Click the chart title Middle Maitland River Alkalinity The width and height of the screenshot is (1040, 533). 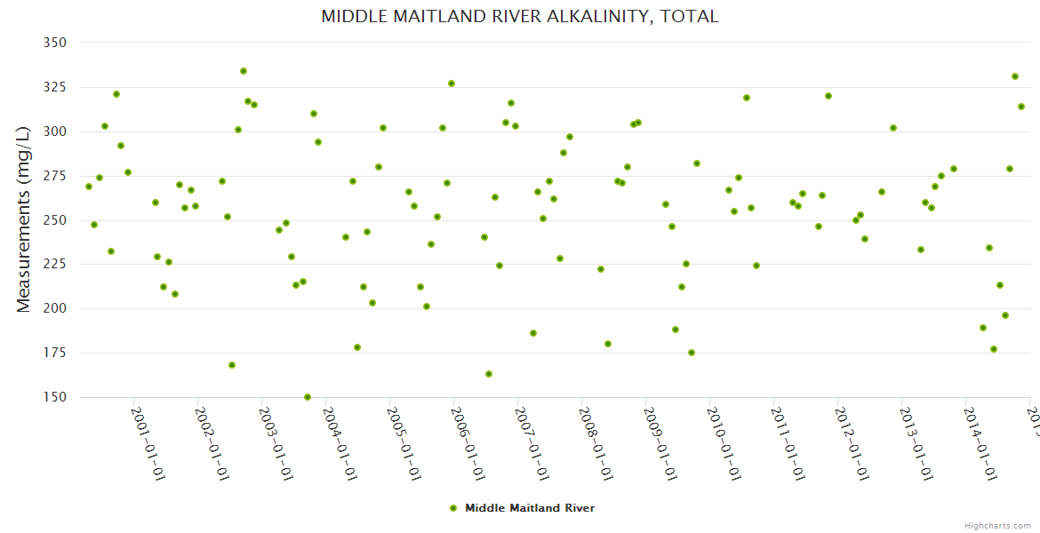(520, 16)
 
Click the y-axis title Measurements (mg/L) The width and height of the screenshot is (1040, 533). (24, 219)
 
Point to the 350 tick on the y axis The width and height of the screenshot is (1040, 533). (54, 43)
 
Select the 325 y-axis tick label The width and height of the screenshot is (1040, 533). (54, 87)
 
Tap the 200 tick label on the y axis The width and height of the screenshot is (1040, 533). (54, 309)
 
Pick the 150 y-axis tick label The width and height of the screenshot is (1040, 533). (54, 397)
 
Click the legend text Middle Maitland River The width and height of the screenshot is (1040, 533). (530, 508)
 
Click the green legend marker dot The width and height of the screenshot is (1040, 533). (453, 508)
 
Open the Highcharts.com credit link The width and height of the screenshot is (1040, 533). (997, 525)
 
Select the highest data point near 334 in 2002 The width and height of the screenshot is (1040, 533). (244, 71)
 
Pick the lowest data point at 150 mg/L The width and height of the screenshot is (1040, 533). (308, 397)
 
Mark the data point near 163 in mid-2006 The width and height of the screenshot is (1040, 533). (489, 374)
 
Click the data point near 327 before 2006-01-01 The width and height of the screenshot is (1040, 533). (452, 84)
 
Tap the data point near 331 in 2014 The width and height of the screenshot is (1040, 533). (1015, 76)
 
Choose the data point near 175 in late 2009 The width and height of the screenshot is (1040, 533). (692, 353)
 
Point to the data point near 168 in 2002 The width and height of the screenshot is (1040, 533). (232, 365)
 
